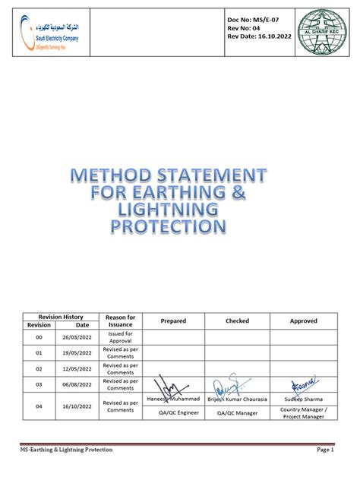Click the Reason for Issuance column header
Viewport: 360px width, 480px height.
[x=120, y=320]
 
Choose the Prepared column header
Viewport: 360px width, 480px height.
[x=173, y=321]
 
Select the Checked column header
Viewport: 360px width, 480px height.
[x=237, y=321]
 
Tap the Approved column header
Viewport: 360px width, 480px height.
[x=304, y=321]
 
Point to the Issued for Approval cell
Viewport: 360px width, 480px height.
[x=120, y=337]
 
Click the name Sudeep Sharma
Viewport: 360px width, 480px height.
[x=304, y=398]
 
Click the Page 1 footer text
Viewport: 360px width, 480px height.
[x=325, y=450]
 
